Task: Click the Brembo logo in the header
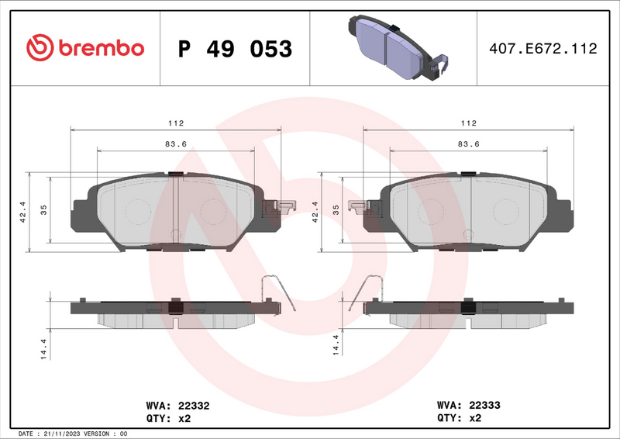(x=85, y=48)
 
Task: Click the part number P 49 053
(x=235, y=49)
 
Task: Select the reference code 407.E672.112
(x=543, y=49)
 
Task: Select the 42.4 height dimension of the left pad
(x=23, y=211)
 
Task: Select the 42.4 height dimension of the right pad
(x=315, y=211)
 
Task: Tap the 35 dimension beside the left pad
(x=44, y=211)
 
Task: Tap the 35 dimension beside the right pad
(x=336, y=211)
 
